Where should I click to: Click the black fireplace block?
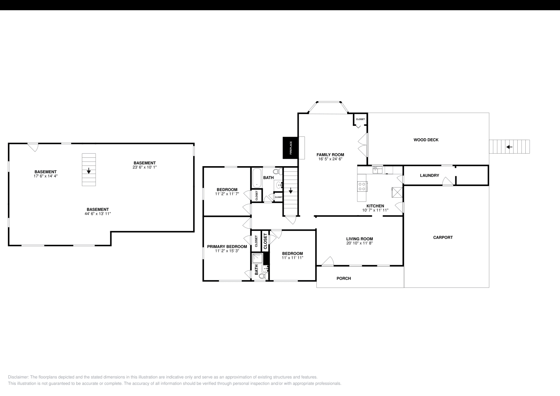click(290, 148)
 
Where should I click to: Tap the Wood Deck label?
click(426, 140)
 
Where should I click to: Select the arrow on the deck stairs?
click(509, 147)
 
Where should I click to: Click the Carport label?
click(443, 238)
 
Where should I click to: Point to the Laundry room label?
click(429, 176)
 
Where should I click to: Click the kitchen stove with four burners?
click(362, 186)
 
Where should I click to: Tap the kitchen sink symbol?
click(377, 170)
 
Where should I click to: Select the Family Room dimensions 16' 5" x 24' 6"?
click(330, 159)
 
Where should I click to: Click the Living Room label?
click(359, 239)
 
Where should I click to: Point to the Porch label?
click(343, 278)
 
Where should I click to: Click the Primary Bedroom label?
click(227, 247)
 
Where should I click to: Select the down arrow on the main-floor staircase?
click(290, 191)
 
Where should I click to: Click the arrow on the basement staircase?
click(89, 171)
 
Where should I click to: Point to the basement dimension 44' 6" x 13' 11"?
click(98, 214)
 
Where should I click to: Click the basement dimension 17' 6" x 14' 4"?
click(45, 176)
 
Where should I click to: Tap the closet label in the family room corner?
click(360, 119)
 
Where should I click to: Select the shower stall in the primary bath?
click(257, 258)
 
